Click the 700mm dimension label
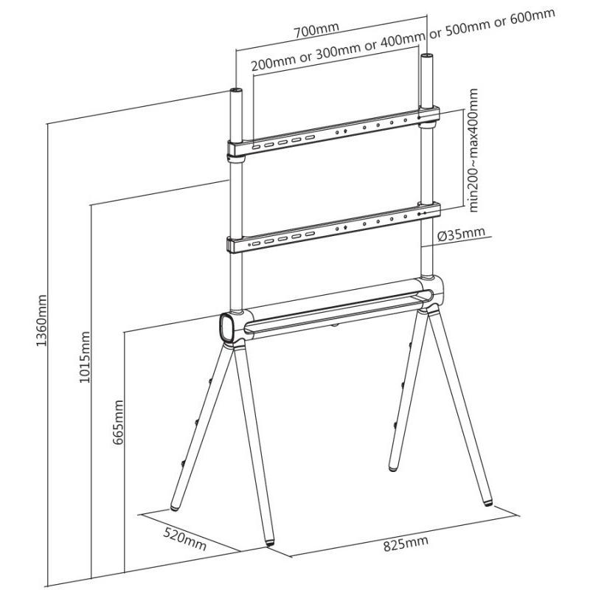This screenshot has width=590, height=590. tap(316, 29)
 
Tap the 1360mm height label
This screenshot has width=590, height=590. tap(41, 321)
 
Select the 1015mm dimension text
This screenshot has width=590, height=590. tap(84, 357)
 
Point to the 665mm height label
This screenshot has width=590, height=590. tap(119, 422)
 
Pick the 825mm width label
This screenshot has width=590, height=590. tap(406, 544)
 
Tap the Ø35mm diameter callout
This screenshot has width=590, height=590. tap(461, 234)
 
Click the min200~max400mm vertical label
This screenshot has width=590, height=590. tap(473, 150)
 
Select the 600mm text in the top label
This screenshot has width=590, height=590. tap(532, 17)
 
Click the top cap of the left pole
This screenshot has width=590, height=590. tap(236, 91)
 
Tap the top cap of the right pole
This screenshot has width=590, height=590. tap(427, 57)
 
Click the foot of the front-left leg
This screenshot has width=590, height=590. tap(270, 543)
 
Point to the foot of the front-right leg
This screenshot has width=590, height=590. tap(488, 502)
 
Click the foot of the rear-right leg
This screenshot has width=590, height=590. tap(393, 469)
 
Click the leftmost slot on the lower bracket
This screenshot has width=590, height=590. tap(256, 243)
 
